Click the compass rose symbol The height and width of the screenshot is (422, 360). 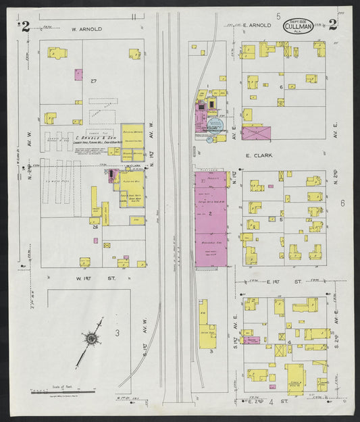coord(91,340)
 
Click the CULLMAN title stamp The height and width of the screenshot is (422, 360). coord(298,26)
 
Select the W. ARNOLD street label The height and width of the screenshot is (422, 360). coord(86,29)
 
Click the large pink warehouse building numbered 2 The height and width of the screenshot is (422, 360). coord(211,220)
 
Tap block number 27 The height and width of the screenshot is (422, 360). coord(94,82)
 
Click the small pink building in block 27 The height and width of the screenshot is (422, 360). coord(78,74)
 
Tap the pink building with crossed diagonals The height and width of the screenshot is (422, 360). coord(255,133)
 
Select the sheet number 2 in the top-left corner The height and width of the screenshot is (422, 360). coord(24,26)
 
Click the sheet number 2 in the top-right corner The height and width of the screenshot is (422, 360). coord(334,26)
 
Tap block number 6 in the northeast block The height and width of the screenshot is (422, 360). coord(281,87)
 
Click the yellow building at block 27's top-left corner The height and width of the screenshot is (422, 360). coord(57,53)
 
